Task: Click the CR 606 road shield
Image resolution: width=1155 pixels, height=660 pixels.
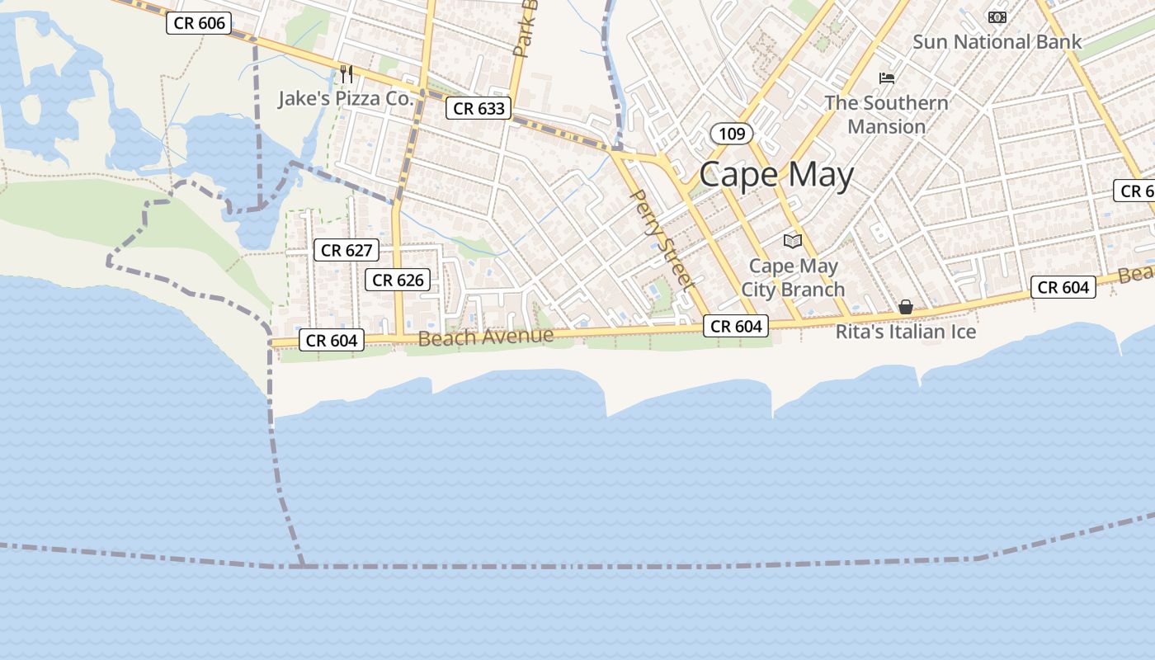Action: pyautogui.click(x=199, y=23)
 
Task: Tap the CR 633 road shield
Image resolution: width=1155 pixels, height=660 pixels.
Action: pyautogui.click(x=478, y=108)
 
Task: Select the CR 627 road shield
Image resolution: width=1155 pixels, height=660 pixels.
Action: pyautogui.click(x=346, y=250)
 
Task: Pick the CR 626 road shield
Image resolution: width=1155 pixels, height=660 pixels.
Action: pyautogui.click(x=398, y=280)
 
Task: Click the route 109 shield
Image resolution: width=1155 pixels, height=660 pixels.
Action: pyautogui.click(x=731, y=134)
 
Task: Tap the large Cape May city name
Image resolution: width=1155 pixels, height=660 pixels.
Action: pyautogui.click(x=776, y=176)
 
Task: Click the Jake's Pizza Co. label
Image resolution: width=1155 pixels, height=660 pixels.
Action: pyautogui.click(x=345, y=99)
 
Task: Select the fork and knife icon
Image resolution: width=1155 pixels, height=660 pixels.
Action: pyautogui.click(x=346, y=74)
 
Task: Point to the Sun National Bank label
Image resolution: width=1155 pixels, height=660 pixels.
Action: pyautogui.click(x=997, y=42)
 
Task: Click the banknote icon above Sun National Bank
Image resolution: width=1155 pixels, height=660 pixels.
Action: pyautogui.click(x=997, y=16)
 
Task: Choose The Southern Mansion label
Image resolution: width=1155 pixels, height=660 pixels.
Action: pyautogui.click(x=887, y=115)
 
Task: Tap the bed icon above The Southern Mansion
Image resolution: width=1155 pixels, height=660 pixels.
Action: pyautogui.click(x=887, y=78)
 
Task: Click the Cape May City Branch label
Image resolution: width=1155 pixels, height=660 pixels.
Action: pyautogui.click(x=793, y=278)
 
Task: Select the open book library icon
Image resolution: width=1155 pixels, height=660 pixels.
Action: pyautogui.click(x=793, y=241)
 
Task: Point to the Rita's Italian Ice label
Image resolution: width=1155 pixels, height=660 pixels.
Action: pyautogui.click(x=906, y=332)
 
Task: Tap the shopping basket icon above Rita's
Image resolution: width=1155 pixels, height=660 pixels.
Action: pyautogui.click(x=906, y=307)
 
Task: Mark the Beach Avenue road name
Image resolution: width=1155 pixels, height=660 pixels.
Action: pyautogui.click(x=485, y=337)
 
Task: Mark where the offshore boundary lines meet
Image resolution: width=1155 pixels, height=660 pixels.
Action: pyautogui.click(x=303, y=566)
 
